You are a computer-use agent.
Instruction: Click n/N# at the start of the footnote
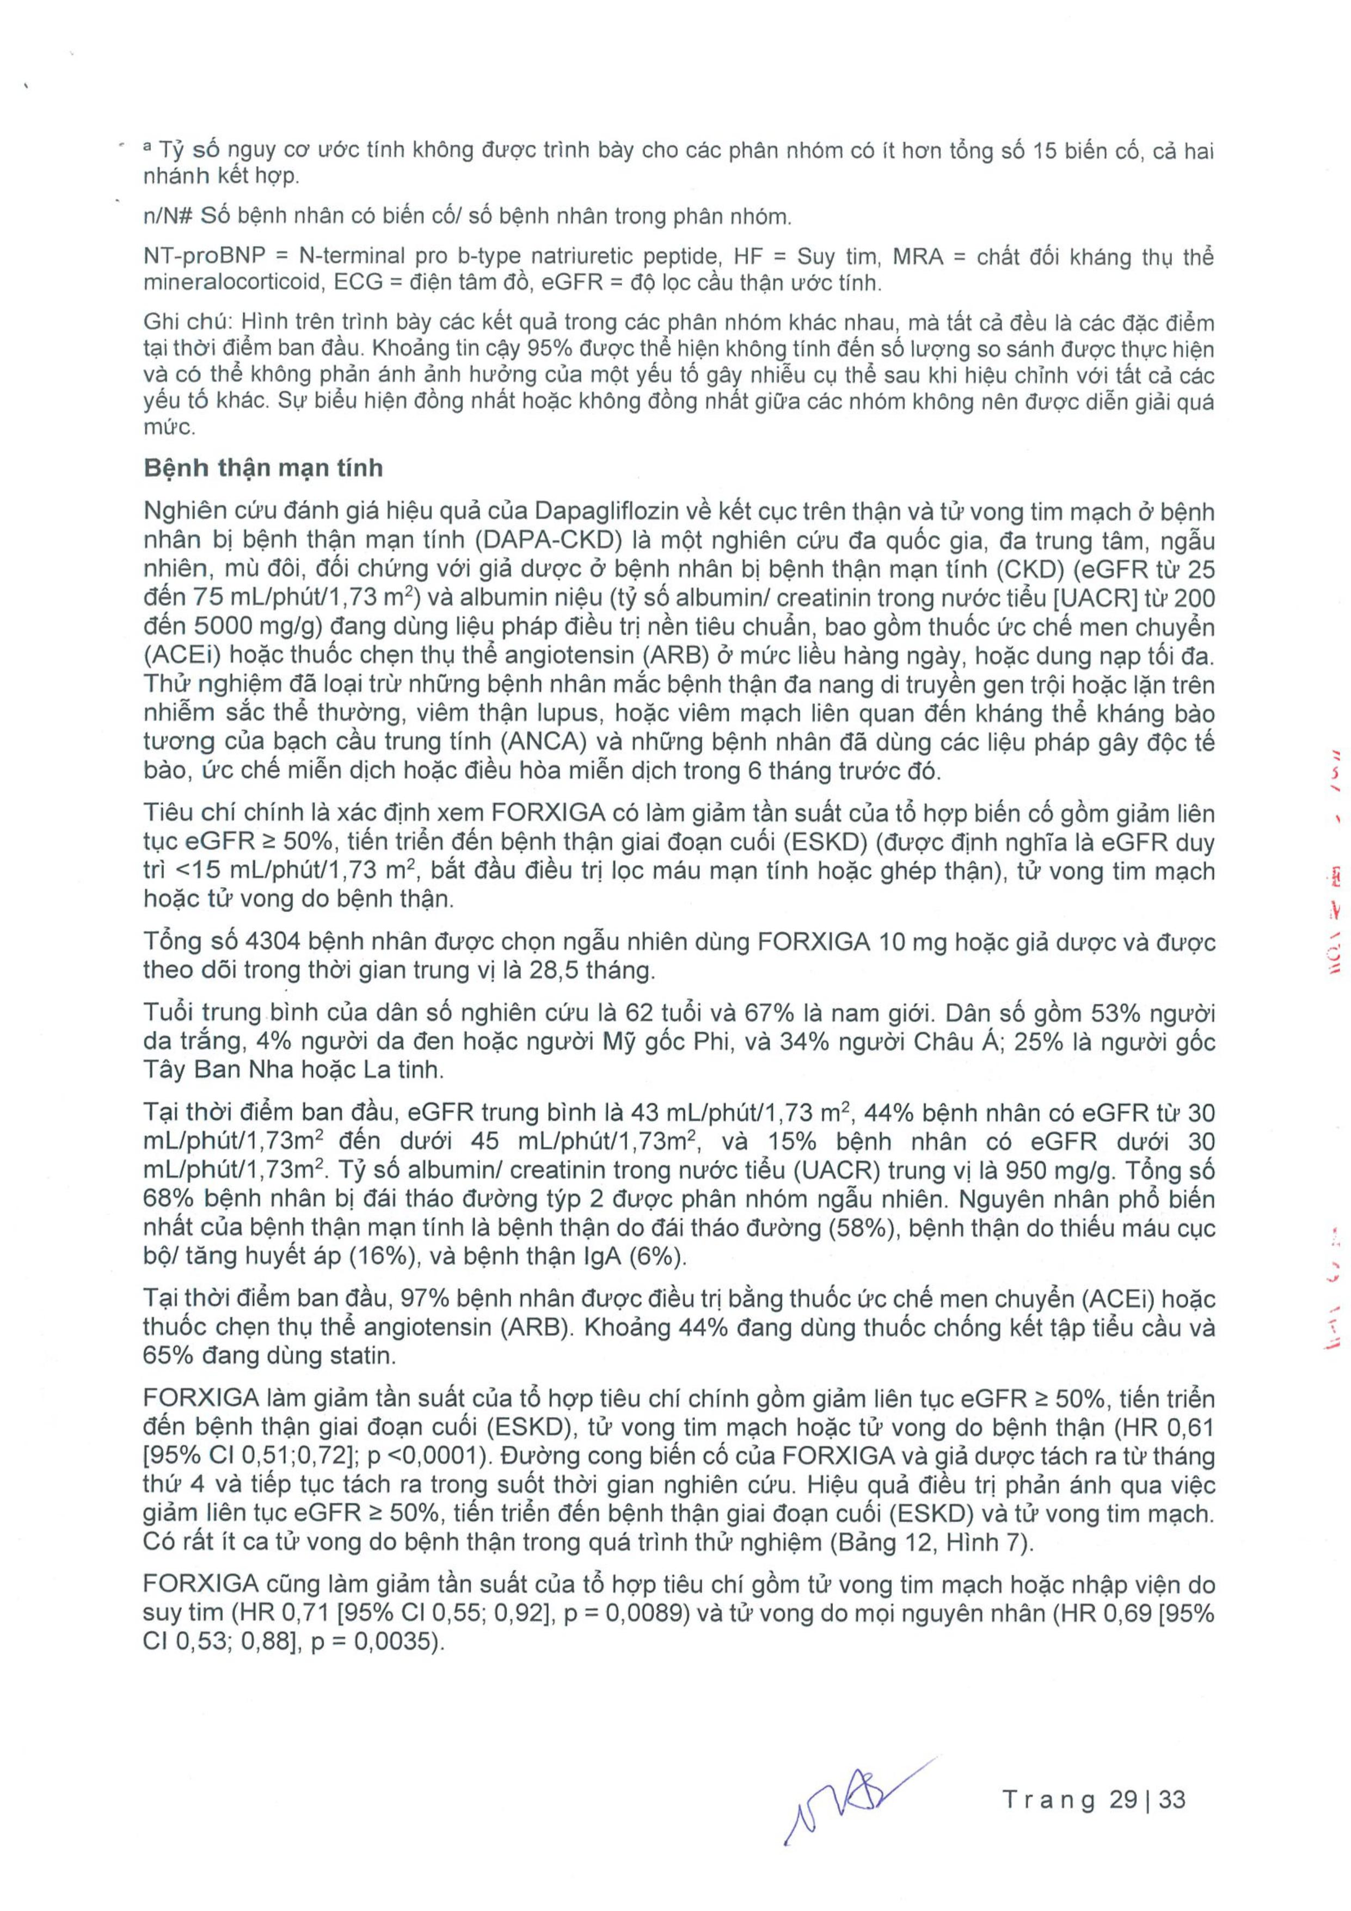(168, 217)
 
